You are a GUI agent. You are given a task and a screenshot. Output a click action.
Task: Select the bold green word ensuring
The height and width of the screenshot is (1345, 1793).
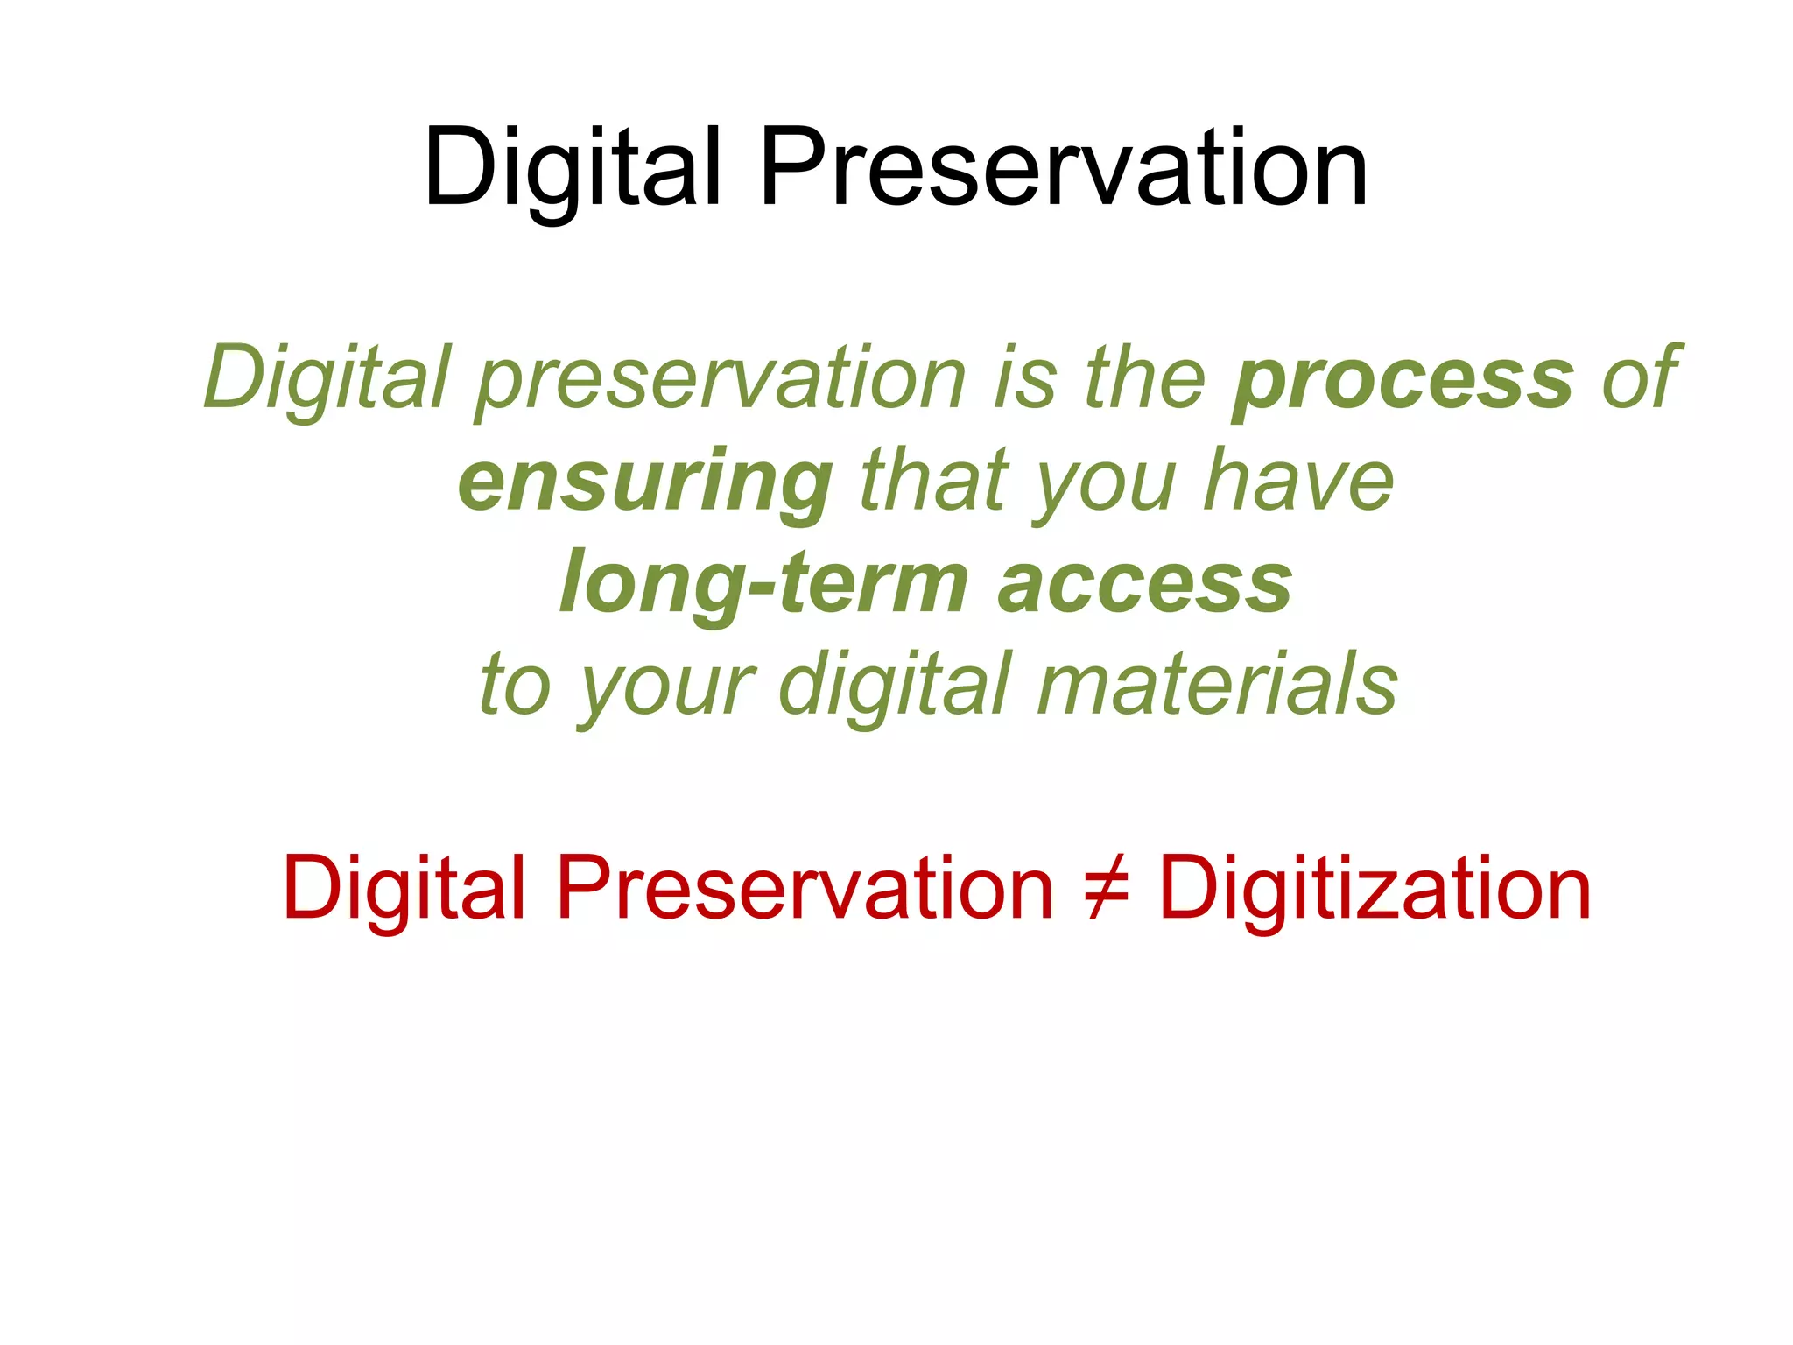tap(645, 482)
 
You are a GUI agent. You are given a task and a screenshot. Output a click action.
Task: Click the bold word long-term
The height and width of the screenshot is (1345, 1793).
tap(763, 583)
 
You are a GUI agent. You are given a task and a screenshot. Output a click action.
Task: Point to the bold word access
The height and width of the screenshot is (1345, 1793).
tap(1145, 585)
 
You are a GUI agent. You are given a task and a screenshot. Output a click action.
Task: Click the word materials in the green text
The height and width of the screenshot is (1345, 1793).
tap(1217, 685)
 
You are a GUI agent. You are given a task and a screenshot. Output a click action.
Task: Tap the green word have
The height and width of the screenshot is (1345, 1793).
tap(1298, 482)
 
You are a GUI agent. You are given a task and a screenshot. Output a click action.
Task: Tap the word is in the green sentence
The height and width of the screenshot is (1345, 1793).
tap(1025, 378)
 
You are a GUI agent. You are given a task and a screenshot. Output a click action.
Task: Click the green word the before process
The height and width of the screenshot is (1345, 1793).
tap(1145, 378)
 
